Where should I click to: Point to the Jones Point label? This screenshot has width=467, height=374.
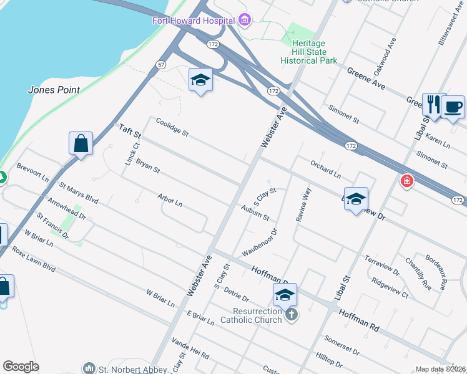click(x=54, y=90)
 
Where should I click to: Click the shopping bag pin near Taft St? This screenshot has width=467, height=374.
click(x=81, y=144)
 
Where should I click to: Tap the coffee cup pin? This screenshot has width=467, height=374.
click(x=453, y=107)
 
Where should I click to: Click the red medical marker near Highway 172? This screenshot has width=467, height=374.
click(x=407, y=181)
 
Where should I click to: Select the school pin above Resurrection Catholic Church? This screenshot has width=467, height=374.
click(x=284, y=295)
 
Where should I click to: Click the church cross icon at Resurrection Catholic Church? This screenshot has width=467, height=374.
click(x=292, y=315)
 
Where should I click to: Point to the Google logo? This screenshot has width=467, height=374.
click(x=21, y=367)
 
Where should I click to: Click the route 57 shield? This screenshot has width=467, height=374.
click(x=161, y=65)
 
